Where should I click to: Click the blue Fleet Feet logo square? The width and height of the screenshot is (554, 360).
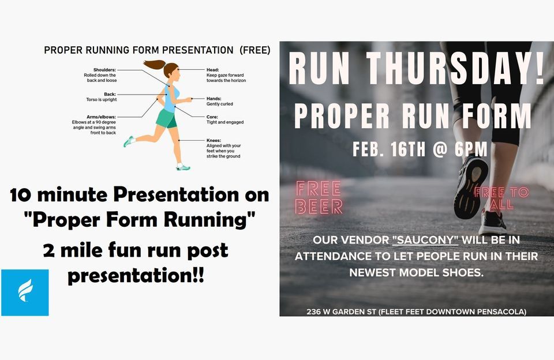[25, 292]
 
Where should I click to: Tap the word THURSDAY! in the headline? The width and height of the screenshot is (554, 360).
[456, 69]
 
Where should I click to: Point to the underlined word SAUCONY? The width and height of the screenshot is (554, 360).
[425, 240]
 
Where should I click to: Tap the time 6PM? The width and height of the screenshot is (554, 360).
[471, 149]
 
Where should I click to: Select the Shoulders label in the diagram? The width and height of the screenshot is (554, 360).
[101, 69]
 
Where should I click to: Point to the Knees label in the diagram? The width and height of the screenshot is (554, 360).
[214, 140]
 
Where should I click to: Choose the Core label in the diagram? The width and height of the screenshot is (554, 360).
[212, 117]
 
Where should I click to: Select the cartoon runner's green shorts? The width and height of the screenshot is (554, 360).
[166, 119]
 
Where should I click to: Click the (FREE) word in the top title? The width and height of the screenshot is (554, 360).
[254, 50]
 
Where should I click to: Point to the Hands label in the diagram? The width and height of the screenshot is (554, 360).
[214, 99]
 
